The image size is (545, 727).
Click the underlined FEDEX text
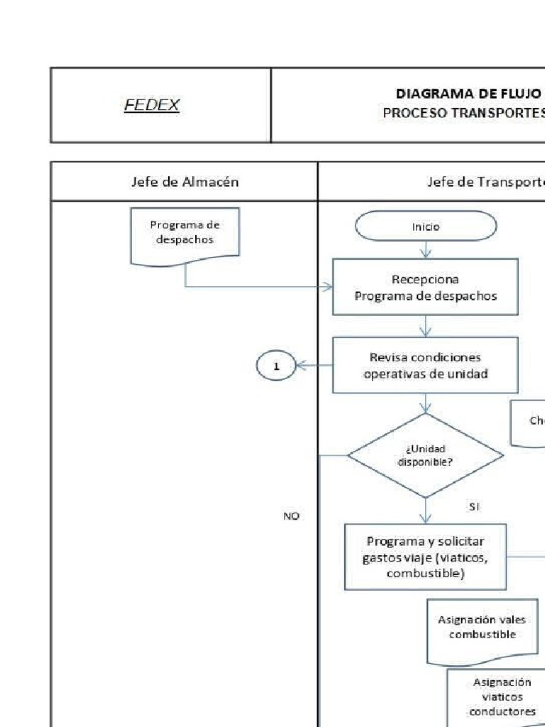coord(152,106)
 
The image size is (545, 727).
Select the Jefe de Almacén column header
coord(185,182)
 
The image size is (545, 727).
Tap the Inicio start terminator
coord(426,227)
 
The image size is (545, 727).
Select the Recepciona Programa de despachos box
coord(426,287)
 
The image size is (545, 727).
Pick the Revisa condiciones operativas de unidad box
coord(426,365)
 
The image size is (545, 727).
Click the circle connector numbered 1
coord(277,366)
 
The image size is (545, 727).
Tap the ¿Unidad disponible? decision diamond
coord(426,455)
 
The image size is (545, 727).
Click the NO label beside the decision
coord(291,517)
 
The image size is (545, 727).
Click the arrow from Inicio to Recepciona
coord(426,250)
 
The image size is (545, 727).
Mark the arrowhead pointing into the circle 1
coord(299,366)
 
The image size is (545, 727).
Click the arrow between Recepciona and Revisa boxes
coord(426,327)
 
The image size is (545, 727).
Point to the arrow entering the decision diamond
coord(426,404)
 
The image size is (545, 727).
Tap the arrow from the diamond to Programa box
coord(426,511)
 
